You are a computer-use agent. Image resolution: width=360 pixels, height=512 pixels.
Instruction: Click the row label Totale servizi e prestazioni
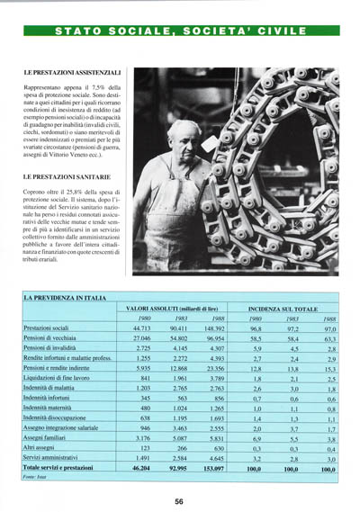click(x=61, y=469)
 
